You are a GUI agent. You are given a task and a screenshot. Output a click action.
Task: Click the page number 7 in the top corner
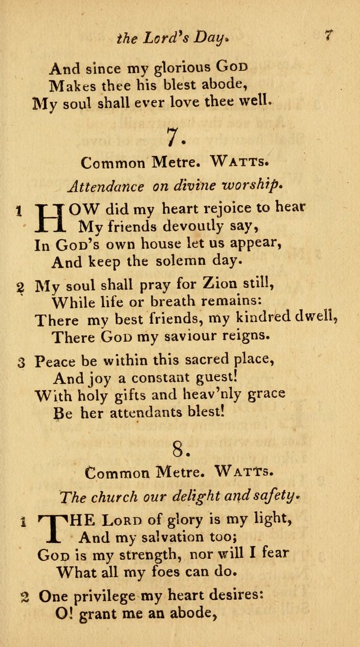click(329, 35)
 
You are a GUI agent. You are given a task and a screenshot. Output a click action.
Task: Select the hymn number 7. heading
click(173, 137)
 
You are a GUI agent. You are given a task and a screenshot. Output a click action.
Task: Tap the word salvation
click(148, 537)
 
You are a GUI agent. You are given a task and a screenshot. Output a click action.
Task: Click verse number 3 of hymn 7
click(21, 362)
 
